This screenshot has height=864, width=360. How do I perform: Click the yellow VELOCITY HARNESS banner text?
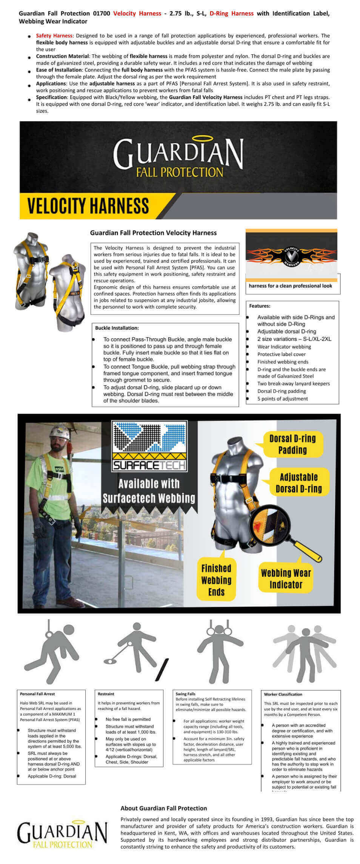tap(88, 206)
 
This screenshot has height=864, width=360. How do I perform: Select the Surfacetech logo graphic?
tap(149, 446)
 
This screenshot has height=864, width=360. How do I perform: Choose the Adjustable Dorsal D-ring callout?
tap(298, 483)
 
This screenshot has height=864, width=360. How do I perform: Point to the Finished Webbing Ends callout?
tap(216, 580)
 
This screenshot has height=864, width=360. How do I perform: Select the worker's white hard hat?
tap(61, 433)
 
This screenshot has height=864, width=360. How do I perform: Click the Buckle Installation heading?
tap(117, 328)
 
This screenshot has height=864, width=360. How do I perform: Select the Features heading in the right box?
tap(260, 306)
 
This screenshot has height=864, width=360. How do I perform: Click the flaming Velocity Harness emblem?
tap(291, 255)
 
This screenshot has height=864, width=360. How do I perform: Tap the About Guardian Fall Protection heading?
tap(164, 808)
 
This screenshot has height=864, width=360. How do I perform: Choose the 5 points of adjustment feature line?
tap(282, 399)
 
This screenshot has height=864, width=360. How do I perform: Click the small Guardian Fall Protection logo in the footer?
tap(62, 835)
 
